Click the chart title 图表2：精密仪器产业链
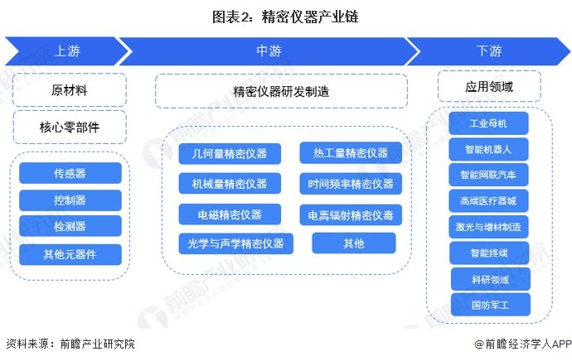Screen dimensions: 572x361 (x=285, y=17)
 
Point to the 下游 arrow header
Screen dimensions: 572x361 (x=488, y=51)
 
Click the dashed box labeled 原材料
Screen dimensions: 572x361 (x=70, y=90)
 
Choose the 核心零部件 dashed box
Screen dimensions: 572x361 (x=70, y=128)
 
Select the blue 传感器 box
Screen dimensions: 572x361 (x=70, y=173)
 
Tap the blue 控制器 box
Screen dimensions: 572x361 (x=70, y=200)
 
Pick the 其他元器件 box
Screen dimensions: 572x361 (x=70, y=254)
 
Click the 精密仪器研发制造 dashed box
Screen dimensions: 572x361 (x=281, y=91)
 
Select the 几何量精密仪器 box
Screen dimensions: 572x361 (x=230, y=153)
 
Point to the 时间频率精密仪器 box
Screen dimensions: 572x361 (x=351, y=184)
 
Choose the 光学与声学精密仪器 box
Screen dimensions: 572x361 (x=235, y=243)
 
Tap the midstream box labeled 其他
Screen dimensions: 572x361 (x=354, y=243)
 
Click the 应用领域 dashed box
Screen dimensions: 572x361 (x=489, y=86)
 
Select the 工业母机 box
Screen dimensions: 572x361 (x=488, y=123)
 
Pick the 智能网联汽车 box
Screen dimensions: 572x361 (x=488, y=175)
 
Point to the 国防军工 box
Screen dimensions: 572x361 (x=490, y=305)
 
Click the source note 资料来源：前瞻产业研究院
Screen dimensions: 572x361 (x=70, y=344)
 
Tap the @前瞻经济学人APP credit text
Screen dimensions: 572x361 (x=523, y=344)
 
